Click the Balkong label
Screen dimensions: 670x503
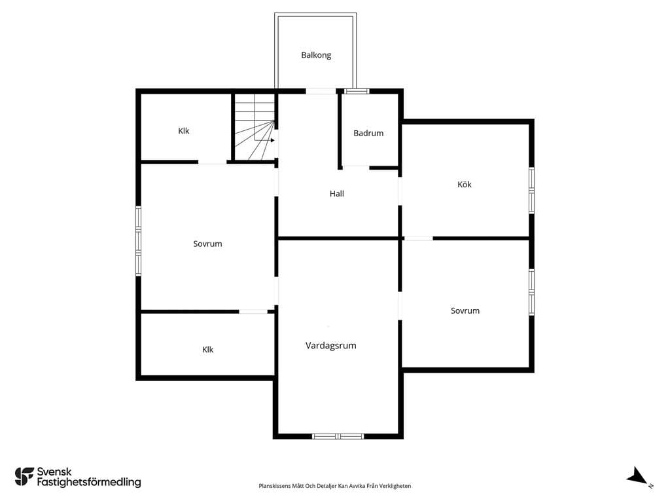[316, 55]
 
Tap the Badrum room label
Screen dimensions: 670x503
[368, 133]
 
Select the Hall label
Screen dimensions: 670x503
[337, 194]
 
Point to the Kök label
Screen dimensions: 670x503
[465, 184]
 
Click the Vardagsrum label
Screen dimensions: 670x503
[330, 346]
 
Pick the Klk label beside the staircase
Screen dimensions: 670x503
[184, 131]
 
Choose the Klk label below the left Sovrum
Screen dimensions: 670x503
[207, 350]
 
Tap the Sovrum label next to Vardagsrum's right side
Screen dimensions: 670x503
[465, 311]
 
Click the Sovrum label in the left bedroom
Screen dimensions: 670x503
[207, 244]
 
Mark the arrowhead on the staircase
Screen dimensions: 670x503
[273, 140]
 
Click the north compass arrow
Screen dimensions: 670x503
[637, 476]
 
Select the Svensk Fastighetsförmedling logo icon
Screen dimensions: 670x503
[24, 477]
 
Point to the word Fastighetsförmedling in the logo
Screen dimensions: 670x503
[89, 482]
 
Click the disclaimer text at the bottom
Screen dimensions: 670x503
[335, 486]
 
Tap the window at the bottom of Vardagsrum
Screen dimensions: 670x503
[338, 436]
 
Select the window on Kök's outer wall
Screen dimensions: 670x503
[531, 191]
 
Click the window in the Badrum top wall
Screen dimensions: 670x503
[357, 91]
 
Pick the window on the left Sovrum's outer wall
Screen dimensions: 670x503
[139, 241]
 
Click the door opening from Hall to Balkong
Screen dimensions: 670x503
[321, 91]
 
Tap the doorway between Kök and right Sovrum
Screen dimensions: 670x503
[418, 238]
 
